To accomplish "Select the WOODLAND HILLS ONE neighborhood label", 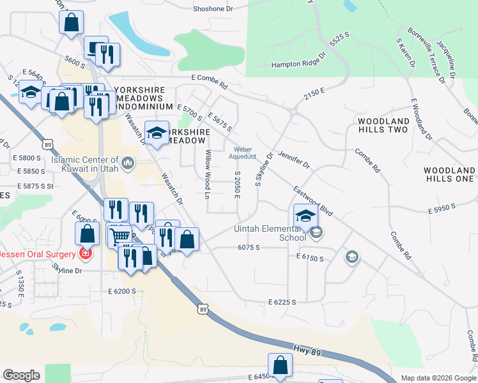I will tap(449, 174).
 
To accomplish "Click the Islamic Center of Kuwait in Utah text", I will tap(85, 164).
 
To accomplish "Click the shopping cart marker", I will tap(119, 236).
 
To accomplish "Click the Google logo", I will tap(21, 375).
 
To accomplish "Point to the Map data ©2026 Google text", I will tap(438, 378).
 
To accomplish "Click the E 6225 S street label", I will tap(282, 301).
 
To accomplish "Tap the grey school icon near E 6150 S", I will tap(351, 257).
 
